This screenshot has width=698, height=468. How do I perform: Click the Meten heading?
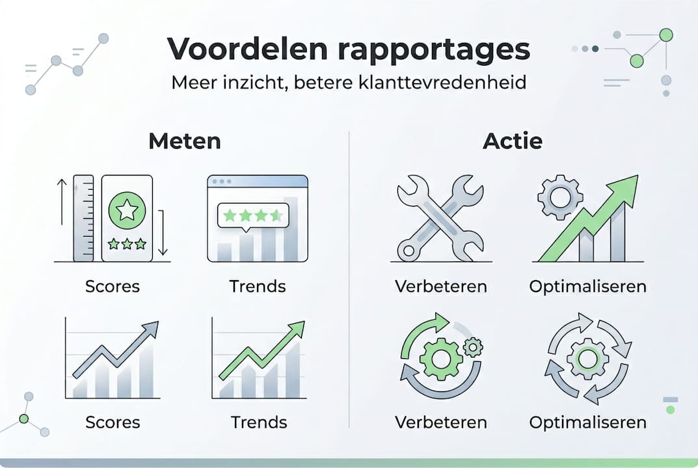coord(184,141)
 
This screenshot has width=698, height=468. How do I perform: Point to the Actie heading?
coord(513,141)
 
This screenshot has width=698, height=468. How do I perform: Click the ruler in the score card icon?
coord(83,218)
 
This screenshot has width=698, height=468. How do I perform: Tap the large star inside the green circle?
coord(127,210)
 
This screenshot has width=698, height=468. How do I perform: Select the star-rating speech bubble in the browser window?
coord(252,214)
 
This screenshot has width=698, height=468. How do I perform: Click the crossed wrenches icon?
coord(440,218)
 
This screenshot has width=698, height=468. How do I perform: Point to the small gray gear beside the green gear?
coord(473,347)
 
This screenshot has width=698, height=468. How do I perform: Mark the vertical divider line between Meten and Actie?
coord(350,279)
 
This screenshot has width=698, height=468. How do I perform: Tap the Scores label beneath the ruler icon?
coord(112,286)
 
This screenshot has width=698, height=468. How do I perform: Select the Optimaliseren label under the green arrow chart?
coord(587,286)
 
